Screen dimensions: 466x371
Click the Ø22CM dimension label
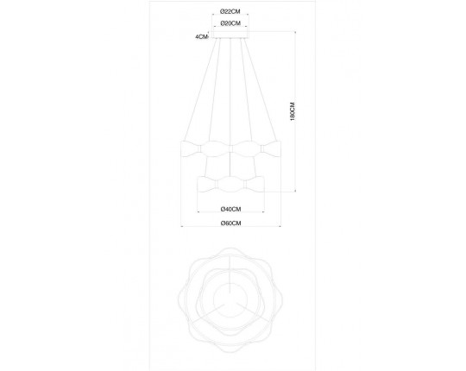pyautogui.click(x=230, y=11)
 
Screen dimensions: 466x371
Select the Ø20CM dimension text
pyautogui.click(x=230, y=23)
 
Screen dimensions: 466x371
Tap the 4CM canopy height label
pyautogui.click(x=201, y=37)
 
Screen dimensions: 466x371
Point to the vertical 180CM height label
pyautogui.click(x=293, y=111)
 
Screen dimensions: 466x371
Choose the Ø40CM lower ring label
pyautogui.click(x=230, y=209)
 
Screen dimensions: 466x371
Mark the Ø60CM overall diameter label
pyautogui.click(x=230, y=223)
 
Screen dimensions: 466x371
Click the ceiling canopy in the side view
pyautogui.click(x=230, y=35)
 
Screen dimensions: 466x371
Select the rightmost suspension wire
pyautogui.click(x=260, y=90)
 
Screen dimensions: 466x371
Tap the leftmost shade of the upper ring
pyautogui.click(x=191, y=148)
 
